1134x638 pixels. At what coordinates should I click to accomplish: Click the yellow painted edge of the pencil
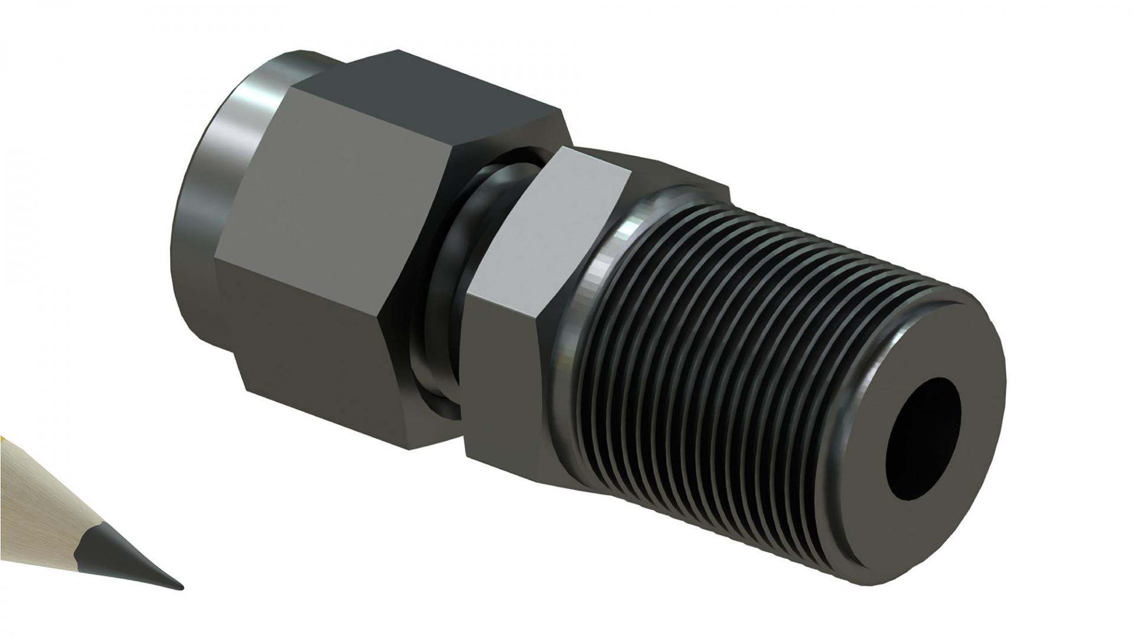click(x=3, y=440)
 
